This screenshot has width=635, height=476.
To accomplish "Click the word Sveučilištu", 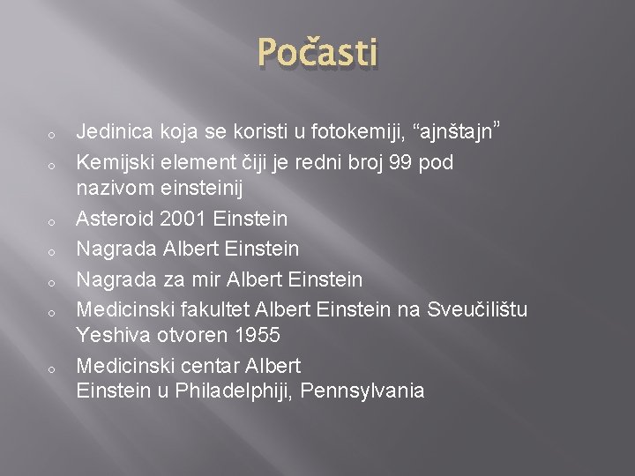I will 477,309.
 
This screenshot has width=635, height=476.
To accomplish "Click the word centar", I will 206,365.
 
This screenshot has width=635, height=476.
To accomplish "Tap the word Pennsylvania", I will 362,391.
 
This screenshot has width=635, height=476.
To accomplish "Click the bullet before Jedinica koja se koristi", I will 53,136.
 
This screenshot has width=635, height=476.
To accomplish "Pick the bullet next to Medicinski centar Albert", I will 53,368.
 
